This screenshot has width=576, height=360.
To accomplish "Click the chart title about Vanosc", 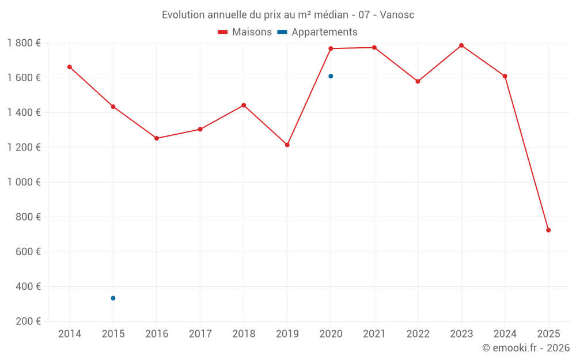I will click(x=288, y=14).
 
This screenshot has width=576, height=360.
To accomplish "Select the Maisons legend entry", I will click(x=245, y=32).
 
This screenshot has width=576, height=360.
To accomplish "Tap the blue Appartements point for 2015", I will click(x=113, y=298).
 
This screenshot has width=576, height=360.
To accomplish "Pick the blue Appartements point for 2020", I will click(x=331, y=76).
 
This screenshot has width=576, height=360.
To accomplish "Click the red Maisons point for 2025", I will click(x=548, y=230).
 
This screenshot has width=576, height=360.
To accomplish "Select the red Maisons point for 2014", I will click(x=70, y=67).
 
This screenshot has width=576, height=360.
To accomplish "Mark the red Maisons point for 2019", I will click(x=287, y=145).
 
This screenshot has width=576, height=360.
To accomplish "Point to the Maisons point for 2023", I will click(x=461, y=46).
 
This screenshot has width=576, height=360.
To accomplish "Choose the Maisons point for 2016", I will click(x=157, y=138).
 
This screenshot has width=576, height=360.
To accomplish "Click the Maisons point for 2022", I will click(x=418, y=81).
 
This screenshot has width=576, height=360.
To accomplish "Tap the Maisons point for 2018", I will click(x=244, y=105).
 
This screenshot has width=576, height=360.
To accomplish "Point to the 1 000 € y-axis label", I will click(x=24, y=182).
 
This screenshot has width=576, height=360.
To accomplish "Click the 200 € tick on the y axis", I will click(x=28, y=321).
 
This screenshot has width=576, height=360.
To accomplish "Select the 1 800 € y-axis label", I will click(x=24, y=43).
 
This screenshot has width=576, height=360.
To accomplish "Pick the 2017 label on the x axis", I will click(x=200, y=334).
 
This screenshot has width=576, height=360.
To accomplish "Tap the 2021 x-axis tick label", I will click(x=374, y=334).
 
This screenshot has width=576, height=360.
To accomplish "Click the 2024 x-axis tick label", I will click(x=505, y=334).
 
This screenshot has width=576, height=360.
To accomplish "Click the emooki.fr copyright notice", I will click(x=525, y=348).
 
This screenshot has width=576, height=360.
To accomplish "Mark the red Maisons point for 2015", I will click(x=113, y=107).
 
